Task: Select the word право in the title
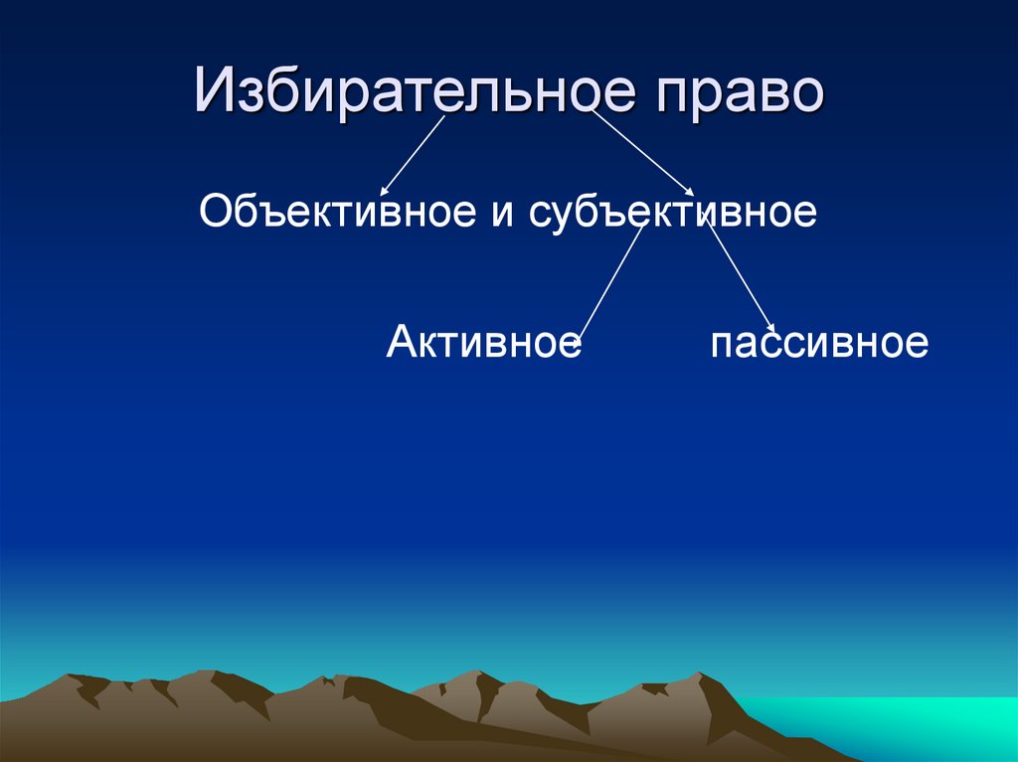point(739,91)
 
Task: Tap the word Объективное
point(337,211)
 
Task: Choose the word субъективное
point(673,212)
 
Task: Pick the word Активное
point(483,343)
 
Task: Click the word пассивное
point(819,344)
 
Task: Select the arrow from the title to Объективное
point(413,154)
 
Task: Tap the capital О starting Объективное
point(214,211)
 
